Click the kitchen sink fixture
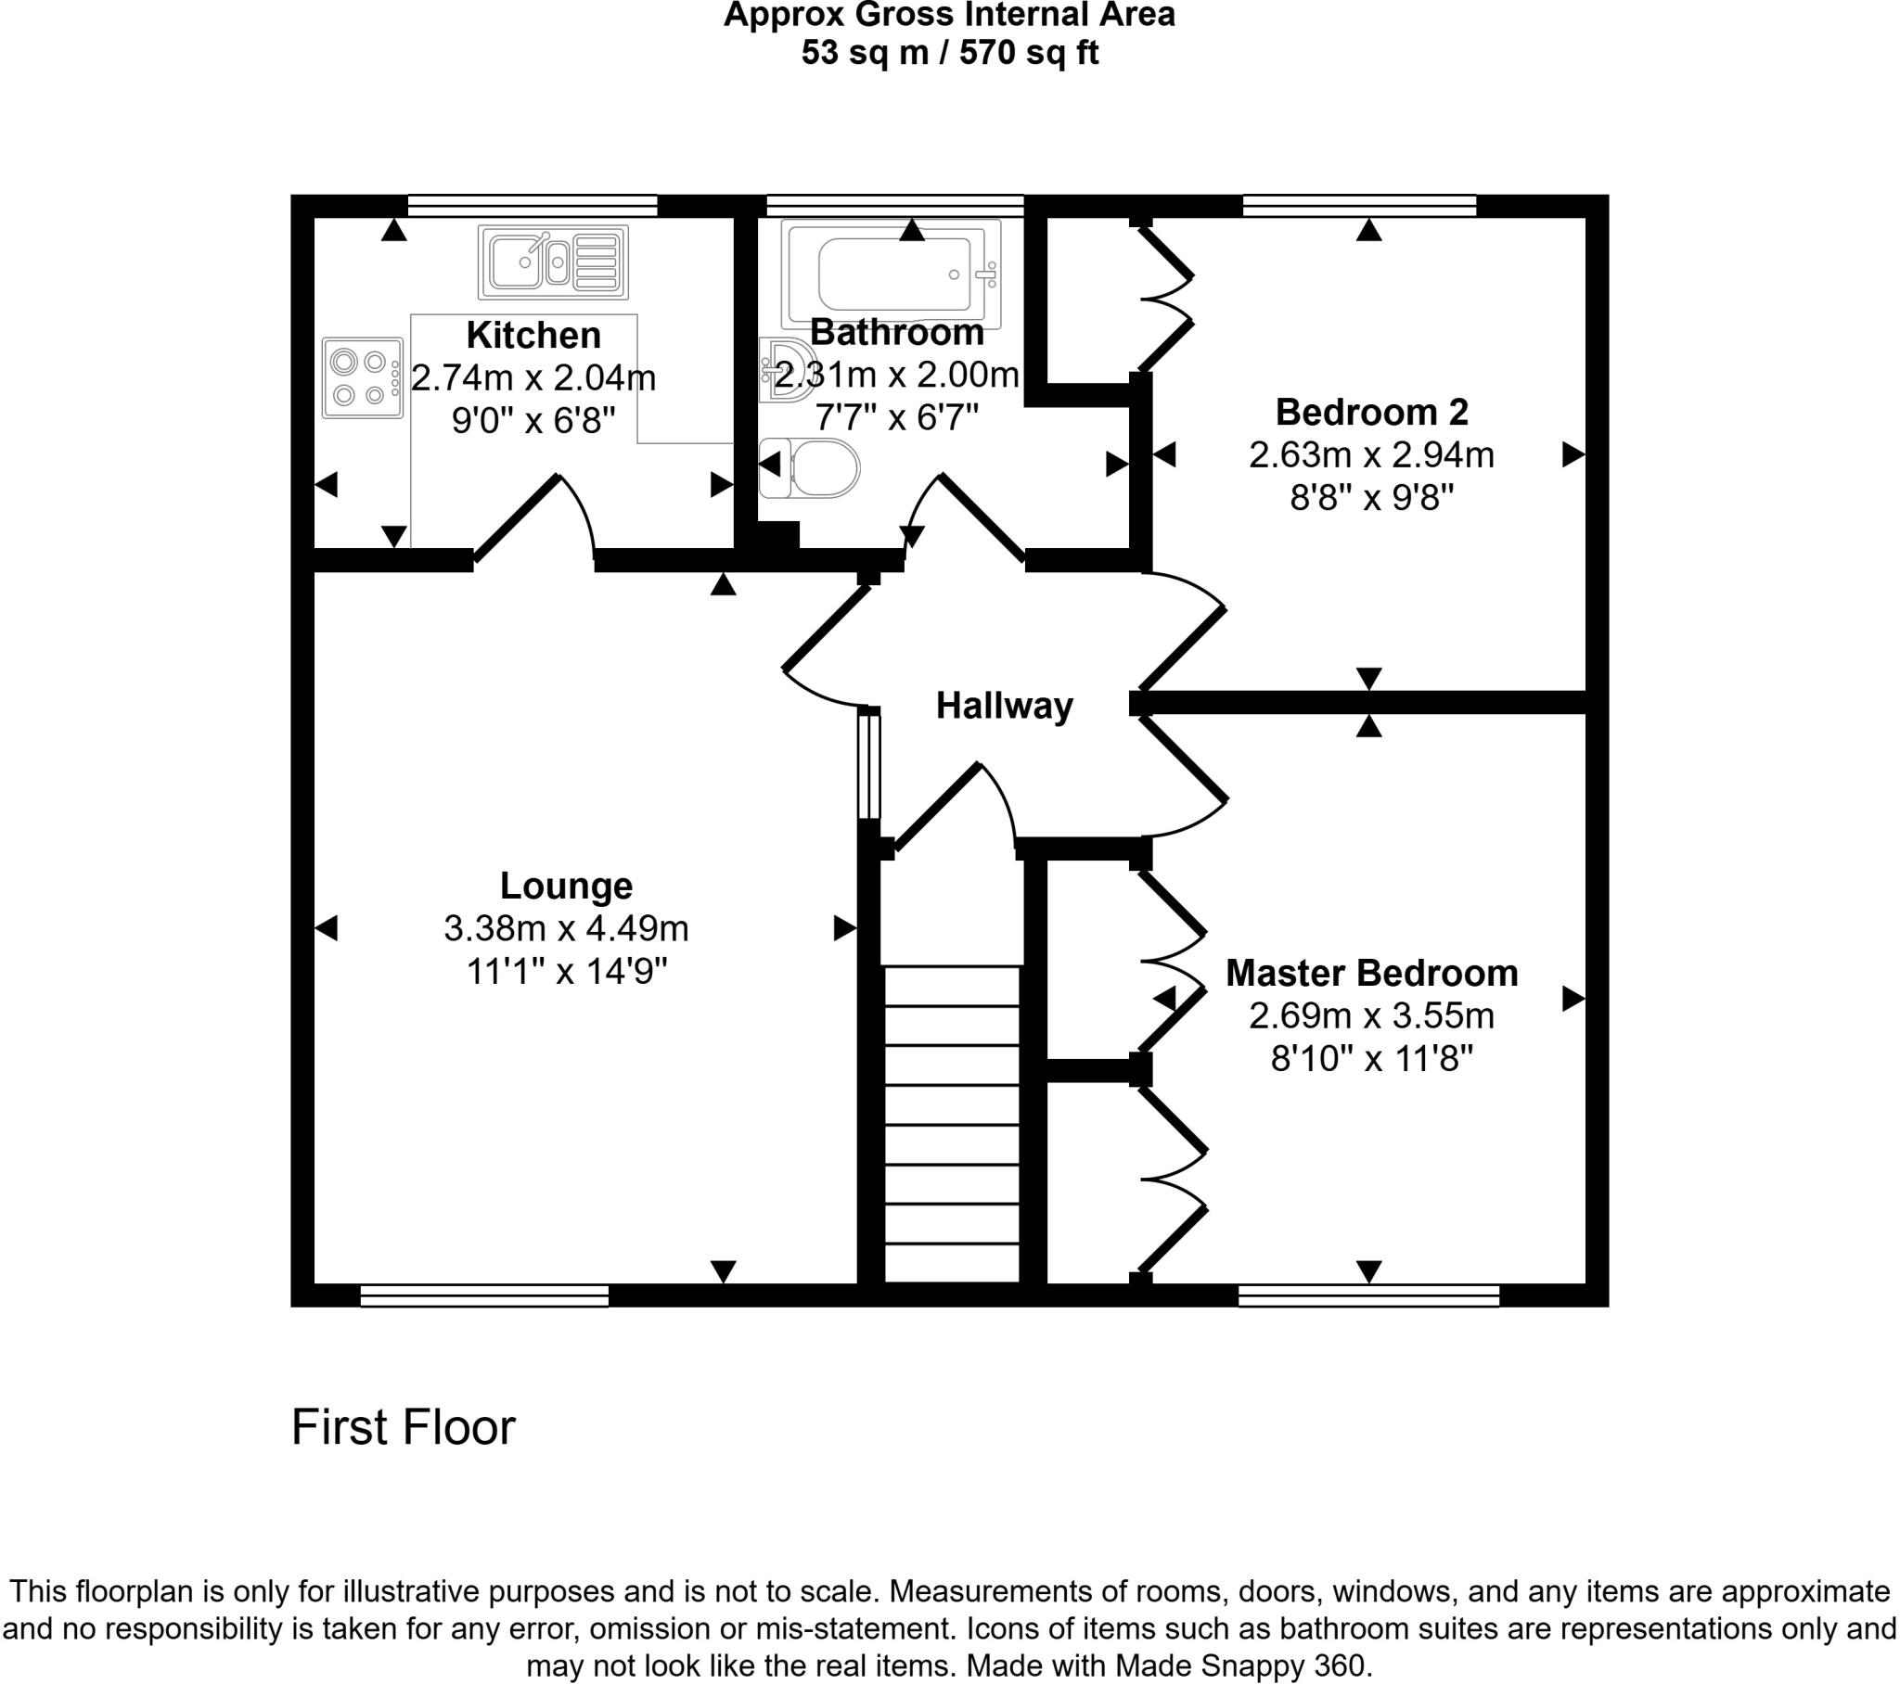[553, 262]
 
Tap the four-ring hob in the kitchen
[363, 377]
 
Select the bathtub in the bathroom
[892, 274]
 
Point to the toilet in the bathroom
[811, 468]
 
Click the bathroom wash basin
[787, 368]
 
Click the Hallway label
[1004, 707]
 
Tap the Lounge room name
[566, 886]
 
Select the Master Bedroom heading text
[1371, 973]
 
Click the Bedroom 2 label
[1371, 412]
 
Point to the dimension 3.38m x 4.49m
[566, 928]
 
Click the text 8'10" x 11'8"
[1371, 1059]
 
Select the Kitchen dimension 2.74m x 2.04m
[533, 378]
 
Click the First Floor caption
[403, 1427]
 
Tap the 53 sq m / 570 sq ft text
[949, 53]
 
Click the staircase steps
[953, 1125]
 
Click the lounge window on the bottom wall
[484, 1295]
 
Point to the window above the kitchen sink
[533, 204]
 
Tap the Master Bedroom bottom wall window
[1368, 1295]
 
